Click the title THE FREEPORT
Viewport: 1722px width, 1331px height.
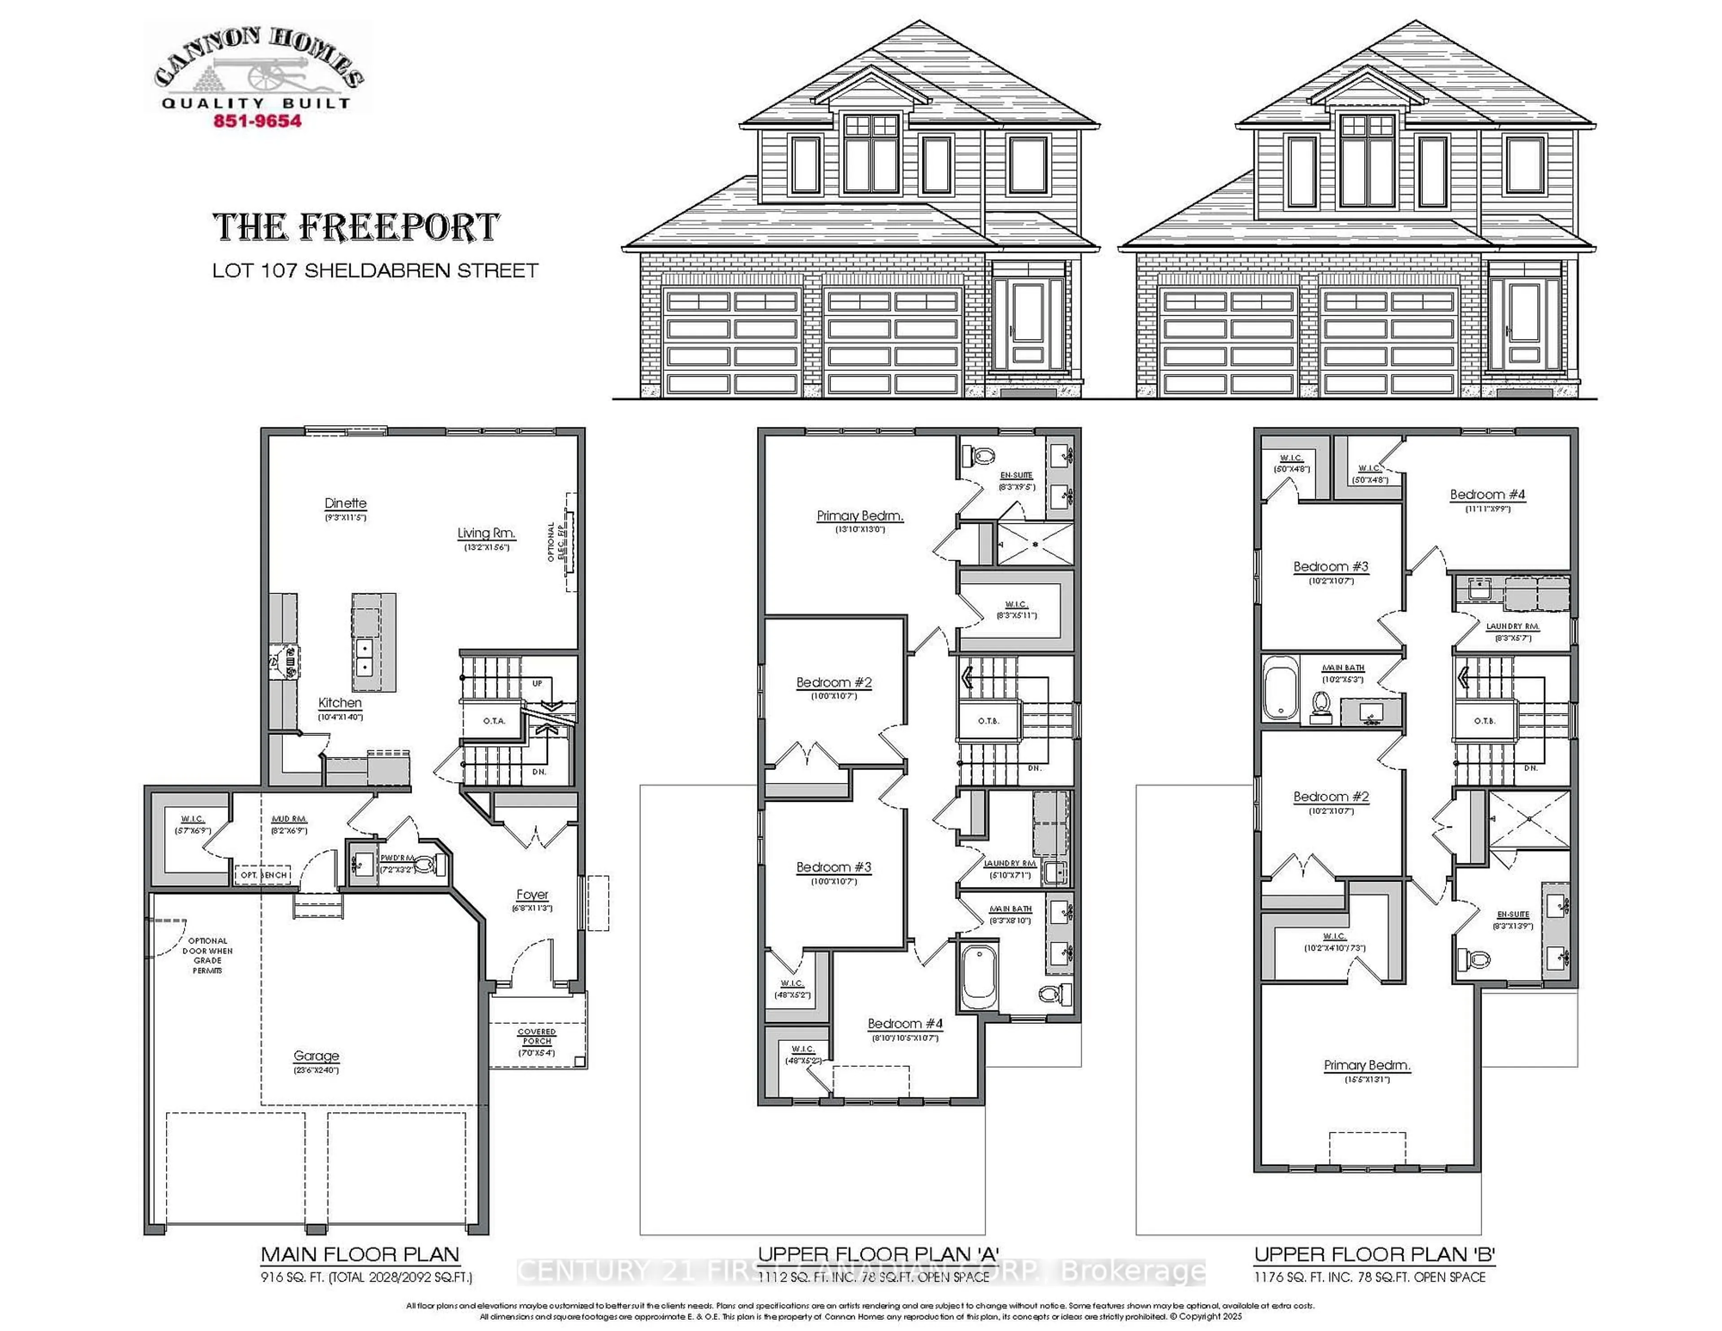click(357, 228)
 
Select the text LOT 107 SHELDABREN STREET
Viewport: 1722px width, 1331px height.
click(375, 270)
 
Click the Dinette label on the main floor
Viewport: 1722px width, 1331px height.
click(345, 503)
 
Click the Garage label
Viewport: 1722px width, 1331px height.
click(316, 1056)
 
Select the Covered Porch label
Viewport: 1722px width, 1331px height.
click(537, 1036)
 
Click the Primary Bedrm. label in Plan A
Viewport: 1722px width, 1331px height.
click(859, 516)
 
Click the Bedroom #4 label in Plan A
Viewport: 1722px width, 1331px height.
click(904, 1023)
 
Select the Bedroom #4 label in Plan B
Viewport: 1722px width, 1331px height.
click(1487, 494)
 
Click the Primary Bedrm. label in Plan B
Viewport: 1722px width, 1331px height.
click(1366, 1065)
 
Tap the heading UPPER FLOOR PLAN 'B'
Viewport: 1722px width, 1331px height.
click(1374, 1254)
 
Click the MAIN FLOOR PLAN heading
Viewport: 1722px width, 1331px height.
click(361, 1254)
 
